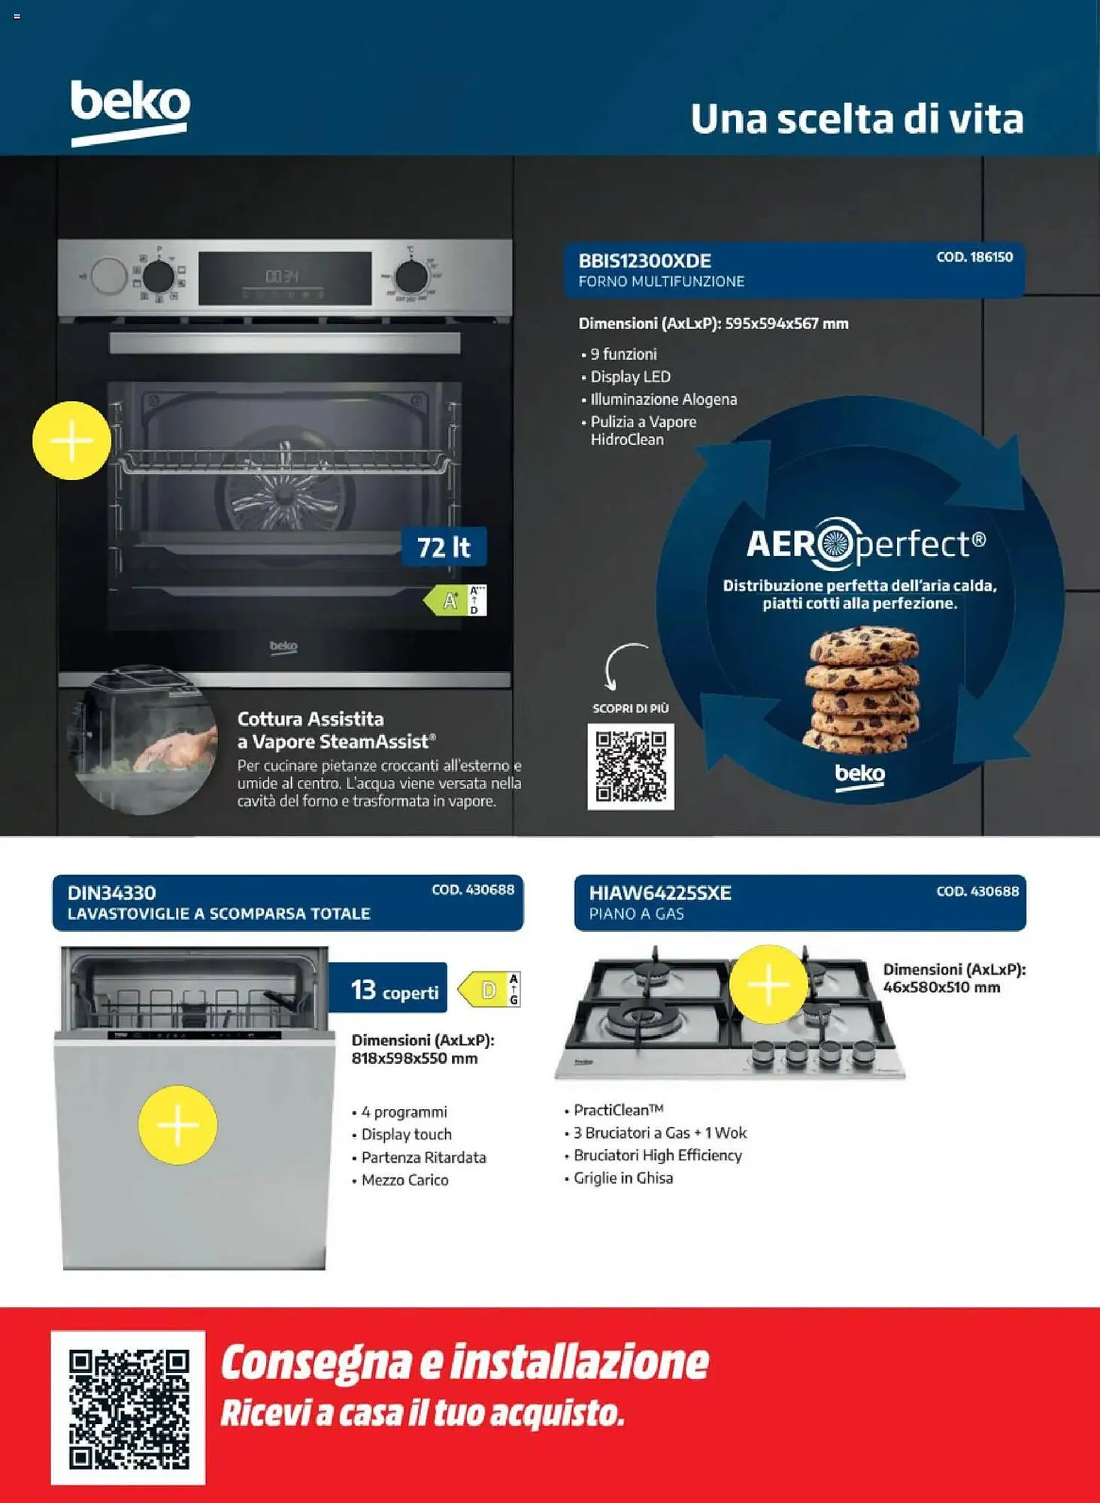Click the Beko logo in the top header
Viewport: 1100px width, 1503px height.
coord(130,112)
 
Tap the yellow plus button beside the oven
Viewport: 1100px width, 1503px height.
coord(71,440)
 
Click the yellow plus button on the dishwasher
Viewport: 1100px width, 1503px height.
coord(177,1125)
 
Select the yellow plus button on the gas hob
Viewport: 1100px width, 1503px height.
coord(768,984)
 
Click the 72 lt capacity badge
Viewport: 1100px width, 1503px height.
coord(444,546)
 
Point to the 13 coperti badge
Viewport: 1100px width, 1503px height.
coord(389,988)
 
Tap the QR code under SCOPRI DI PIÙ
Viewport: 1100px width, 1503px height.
coord(631,767)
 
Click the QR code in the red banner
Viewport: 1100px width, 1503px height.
coord(129,1408)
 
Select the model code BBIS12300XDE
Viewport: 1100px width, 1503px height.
coord(644,261)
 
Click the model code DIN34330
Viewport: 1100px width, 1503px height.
coord(111,893)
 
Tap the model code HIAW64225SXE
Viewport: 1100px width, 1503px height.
coord(659,893)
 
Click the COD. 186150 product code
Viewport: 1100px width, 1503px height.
coord(974,257)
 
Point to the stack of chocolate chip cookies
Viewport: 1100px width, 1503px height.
coord(862,689)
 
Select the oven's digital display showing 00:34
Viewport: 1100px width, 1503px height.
coord(285,278)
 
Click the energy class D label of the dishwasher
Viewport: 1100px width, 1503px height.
coord(489,990)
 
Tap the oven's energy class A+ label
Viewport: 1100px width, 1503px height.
coord(455,600)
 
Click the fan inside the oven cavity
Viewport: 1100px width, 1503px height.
coord(284,496)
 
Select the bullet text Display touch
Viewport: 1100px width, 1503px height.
coord(406,1134)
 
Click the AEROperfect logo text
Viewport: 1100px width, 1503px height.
coord(866,543)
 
